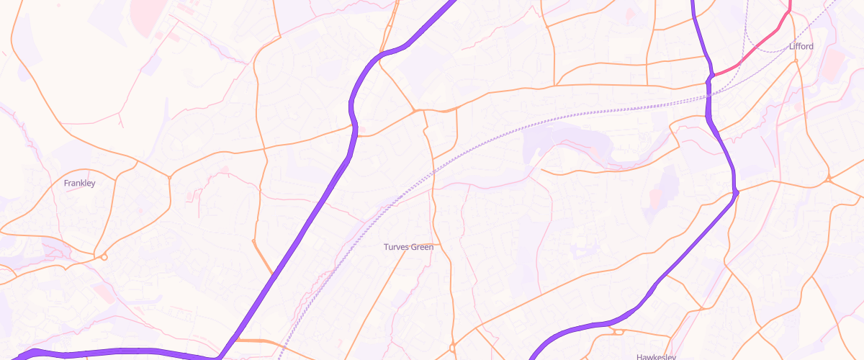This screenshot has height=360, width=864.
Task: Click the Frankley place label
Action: (79, 183)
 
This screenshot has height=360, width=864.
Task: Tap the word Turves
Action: (396, 247)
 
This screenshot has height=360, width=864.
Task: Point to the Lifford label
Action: (801, 46)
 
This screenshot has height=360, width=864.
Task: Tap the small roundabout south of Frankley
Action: (104, 257)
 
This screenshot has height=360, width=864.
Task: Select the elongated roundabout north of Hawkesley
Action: (616, 332)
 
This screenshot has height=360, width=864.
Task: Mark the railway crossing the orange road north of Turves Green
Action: (433, 174)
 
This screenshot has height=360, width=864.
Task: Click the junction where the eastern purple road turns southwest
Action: (735, 192)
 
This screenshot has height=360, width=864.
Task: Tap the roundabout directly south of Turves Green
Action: (452, 348)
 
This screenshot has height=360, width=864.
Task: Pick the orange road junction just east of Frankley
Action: (169, 176)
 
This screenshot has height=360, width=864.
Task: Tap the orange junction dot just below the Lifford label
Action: (797, 61)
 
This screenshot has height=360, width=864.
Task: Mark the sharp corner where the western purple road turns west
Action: (220, 356)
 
